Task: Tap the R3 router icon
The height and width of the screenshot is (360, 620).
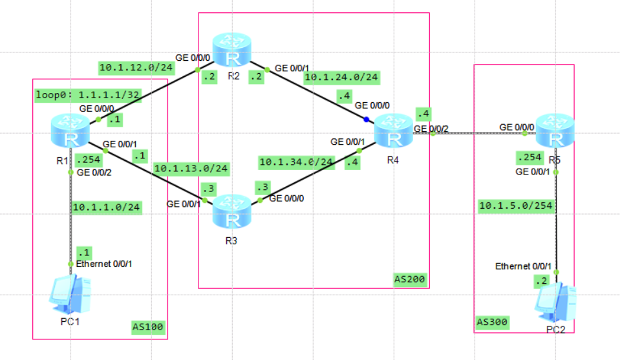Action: pos(233,211)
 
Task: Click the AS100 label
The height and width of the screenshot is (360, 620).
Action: pos(149,328)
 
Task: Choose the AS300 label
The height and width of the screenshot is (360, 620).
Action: pos(492,321)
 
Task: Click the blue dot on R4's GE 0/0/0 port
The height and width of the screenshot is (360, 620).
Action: pos(366,120)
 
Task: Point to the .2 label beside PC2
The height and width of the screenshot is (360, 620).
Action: pos(541,281)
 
